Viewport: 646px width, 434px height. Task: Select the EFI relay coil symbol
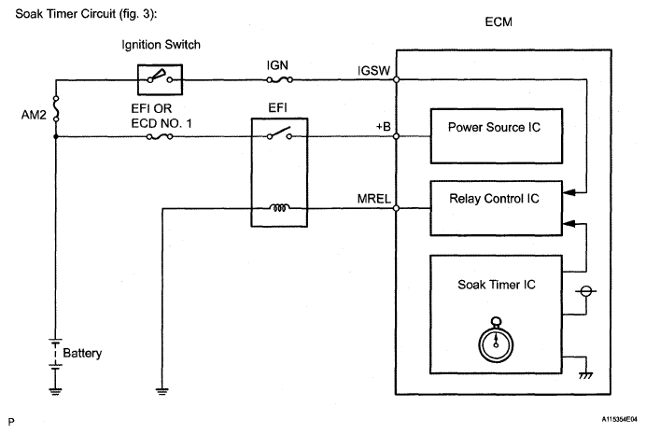tap(277, 208)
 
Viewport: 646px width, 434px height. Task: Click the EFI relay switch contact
tap(277, 135)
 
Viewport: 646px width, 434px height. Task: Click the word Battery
tap(83, 354)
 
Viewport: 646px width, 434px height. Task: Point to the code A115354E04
tap(605, 421)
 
